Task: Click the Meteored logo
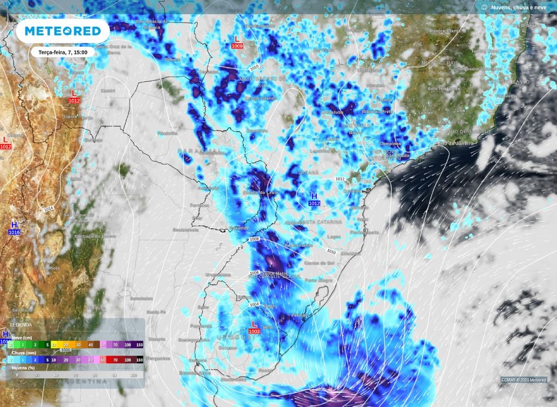tap(63, 31)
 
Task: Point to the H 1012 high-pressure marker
tap(314, 199)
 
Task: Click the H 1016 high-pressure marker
tap(14, 228)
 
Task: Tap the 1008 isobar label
tap(253, 239)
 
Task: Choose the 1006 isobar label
tap(253, 273)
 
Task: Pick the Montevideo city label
tap(234, 379)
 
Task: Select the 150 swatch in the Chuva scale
tap(139, 360)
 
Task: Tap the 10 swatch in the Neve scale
tap(54, 344)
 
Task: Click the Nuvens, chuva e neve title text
tap(517, 8)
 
